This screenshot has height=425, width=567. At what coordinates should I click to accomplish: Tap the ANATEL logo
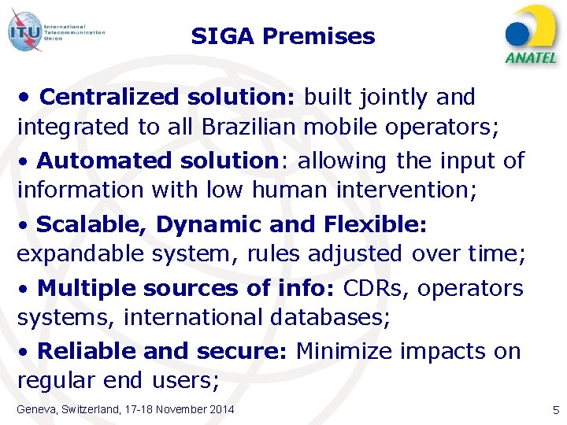(531, 35)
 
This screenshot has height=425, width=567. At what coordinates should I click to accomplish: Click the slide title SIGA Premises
(283, 36)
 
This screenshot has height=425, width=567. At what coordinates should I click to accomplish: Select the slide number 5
(555, 409)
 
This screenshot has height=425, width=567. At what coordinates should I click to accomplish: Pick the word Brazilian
(250, 127)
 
